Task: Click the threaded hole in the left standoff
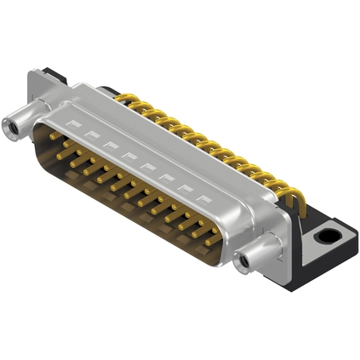pos(13,129)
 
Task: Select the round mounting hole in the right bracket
pos(329,231)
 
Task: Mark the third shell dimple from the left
pos(106,146)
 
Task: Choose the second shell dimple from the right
pos(184,186)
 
